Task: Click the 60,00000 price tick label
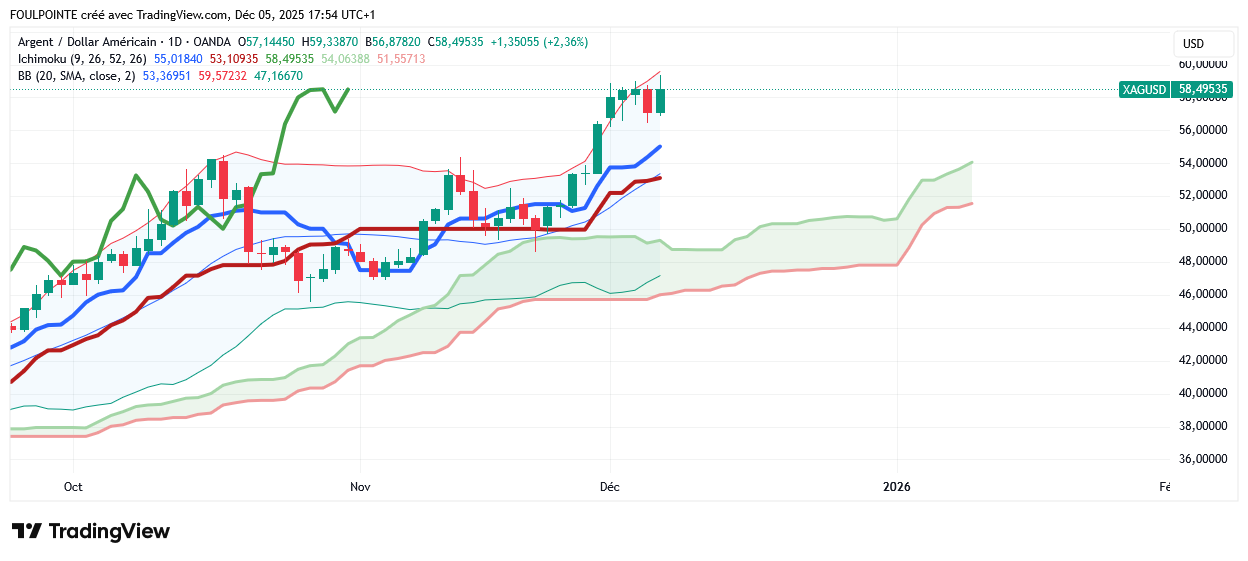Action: (1203, 64)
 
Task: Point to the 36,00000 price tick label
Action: (1203, 459)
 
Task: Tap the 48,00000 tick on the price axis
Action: (1203, 261)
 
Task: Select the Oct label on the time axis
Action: (73, 487)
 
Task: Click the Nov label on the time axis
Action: (361, 487)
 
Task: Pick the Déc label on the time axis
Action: (610, 487)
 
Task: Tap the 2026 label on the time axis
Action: (898, 487)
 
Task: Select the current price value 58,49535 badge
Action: (1202, 90)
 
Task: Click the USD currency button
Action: (1193, 44)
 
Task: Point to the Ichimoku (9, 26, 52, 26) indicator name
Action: (82, 59)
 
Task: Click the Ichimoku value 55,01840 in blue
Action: (178, 59)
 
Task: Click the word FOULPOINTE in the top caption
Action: (46, 15)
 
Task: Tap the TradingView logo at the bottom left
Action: (91, 531)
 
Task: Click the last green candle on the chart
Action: (660, 100)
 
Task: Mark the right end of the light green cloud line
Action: (972, 162)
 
